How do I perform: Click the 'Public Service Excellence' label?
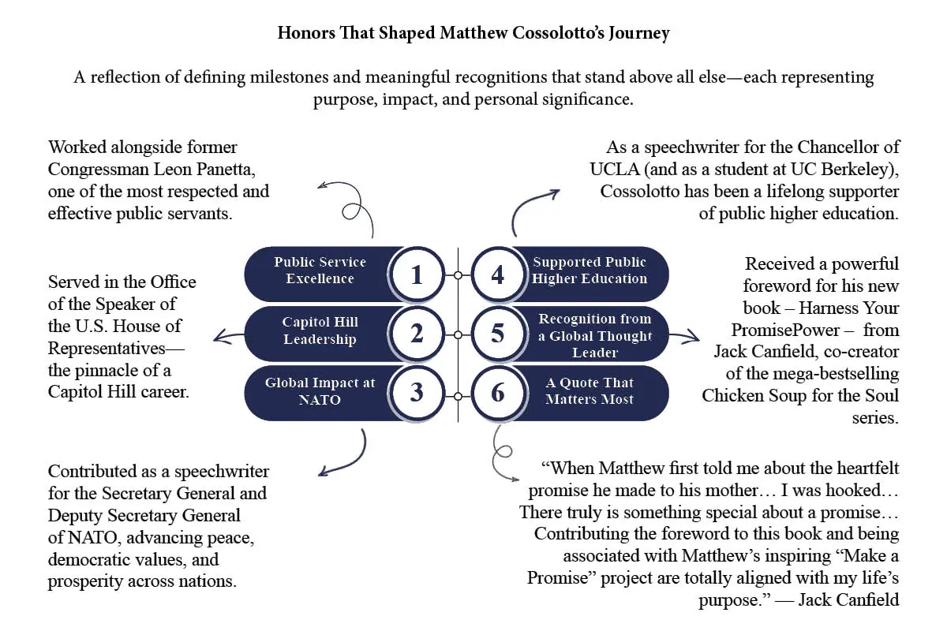tap(320, 270)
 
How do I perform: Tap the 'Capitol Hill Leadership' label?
tap(320, 330)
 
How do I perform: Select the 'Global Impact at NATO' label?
tap(320, 391)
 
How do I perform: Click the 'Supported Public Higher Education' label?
tap(590, 270)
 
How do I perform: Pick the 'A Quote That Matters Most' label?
tap(590, 391)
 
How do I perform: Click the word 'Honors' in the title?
tap(306, 33)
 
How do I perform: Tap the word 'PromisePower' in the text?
tap(785, 330)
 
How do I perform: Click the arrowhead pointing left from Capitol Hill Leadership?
tap(220, 337)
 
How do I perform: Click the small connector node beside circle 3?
tap(458, 397)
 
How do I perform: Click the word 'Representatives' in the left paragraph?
tap(107, 349)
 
